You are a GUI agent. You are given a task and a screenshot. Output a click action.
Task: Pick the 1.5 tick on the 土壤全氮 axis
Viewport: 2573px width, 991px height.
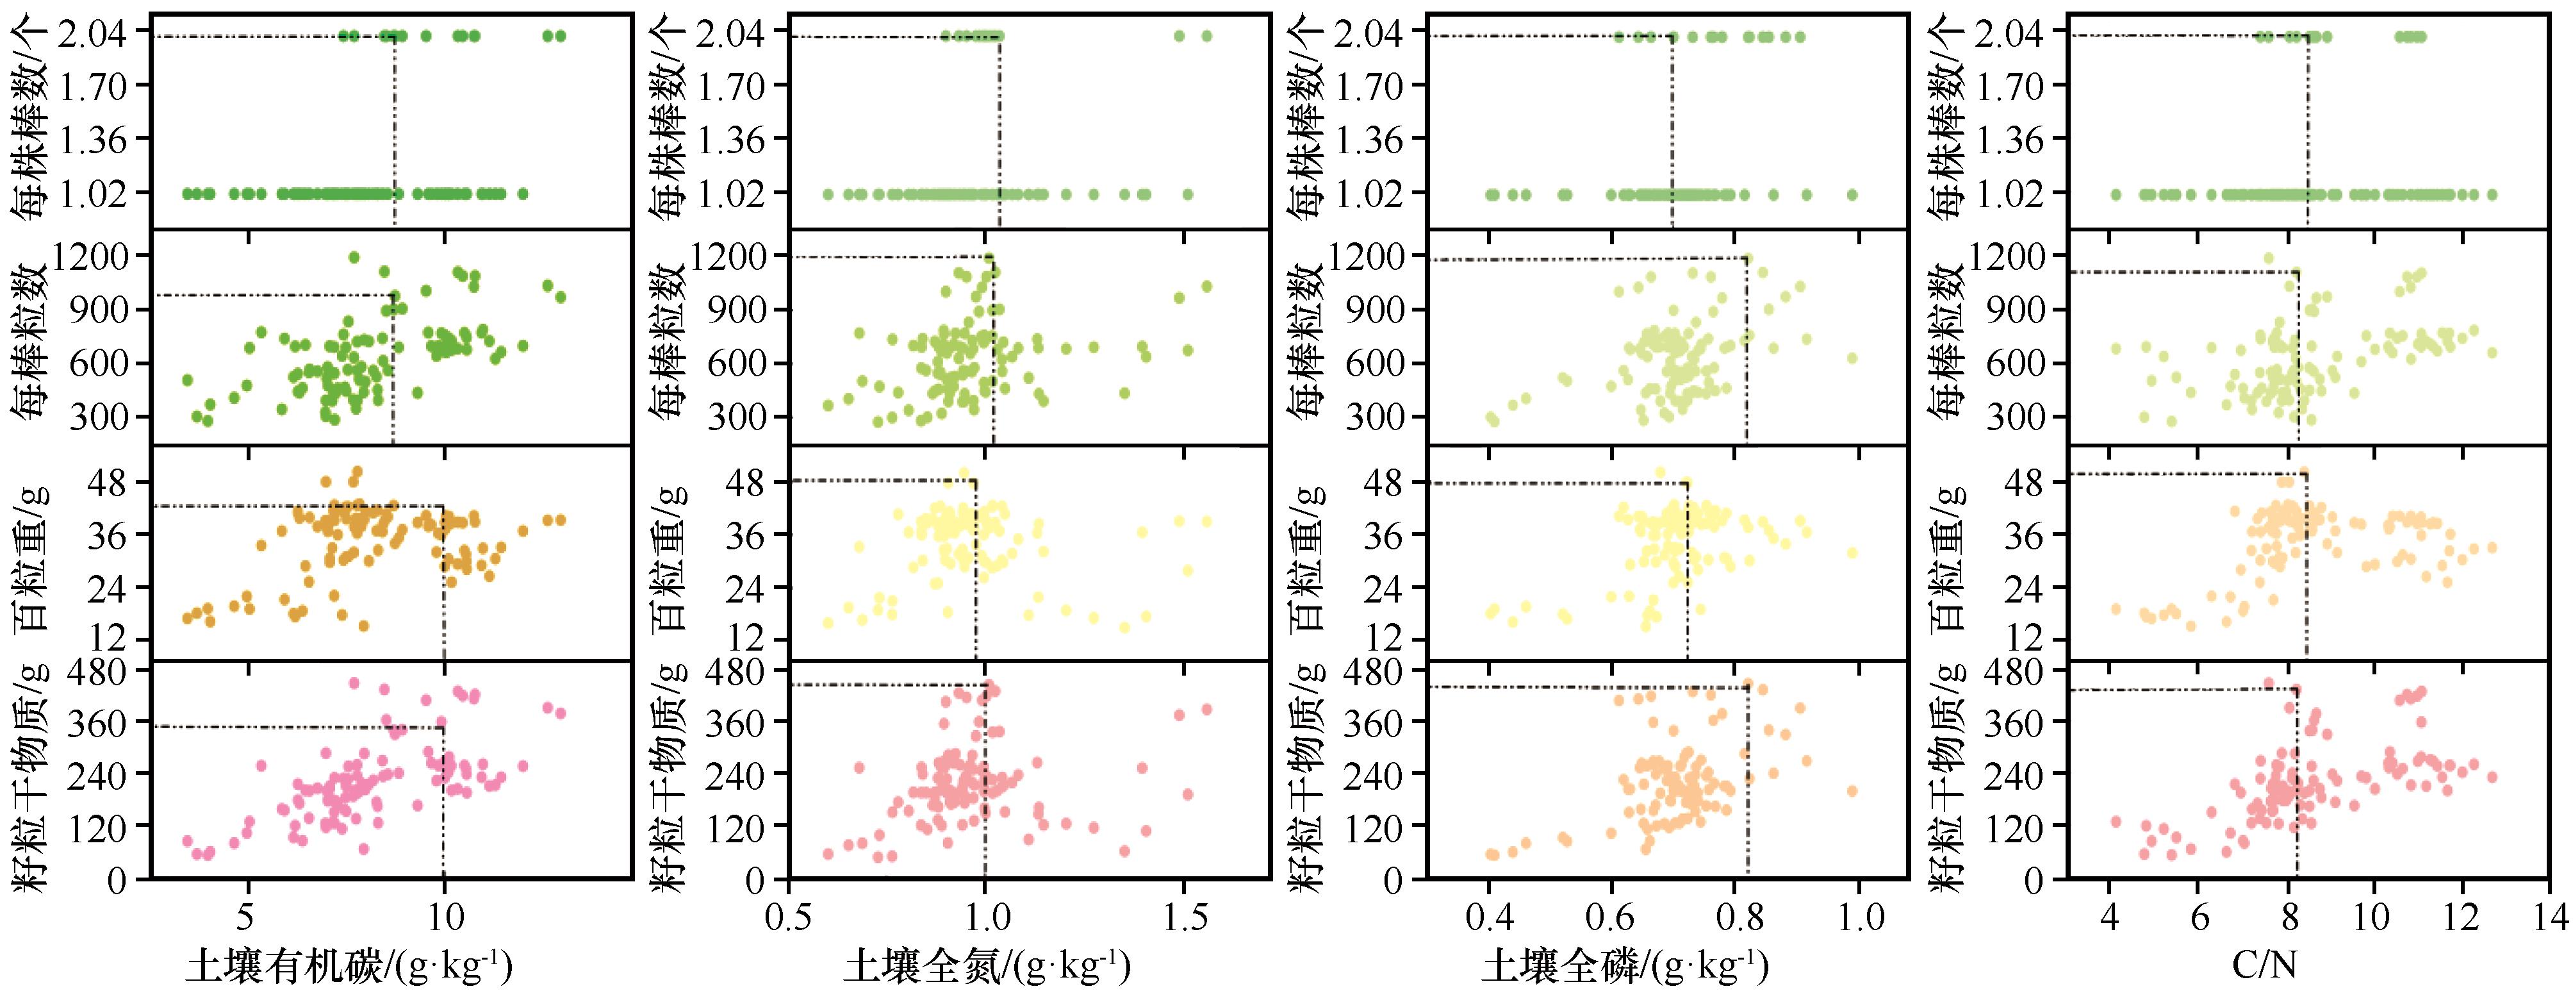(x=1183, y=916)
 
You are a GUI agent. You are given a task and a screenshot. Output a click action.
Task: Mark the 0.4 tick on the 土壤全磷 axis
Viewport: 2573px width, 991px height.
(x=1488, y=916)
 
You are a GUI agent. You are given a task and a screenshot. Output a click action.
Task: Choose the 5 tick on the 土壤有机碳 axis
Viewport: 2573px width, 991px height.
(x=248, y=916)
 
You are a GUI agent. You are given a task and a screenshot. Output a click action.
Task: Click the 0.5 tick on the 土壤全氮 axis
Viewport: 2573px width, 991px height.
(x=789, y=916)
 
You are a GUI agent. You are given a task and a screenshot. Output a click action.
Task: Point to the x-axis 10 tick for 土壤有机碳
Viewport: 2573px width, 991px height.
(x=443, y=916)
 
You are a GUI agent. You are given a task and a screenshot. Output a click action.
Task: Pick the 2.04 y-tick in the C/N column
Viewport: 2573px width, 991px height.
(x=2019, y=33)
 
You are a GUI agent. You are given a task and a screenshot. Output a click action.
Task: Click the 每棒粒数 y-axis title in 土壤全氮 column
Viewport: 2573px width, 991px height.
(x=672, y=340)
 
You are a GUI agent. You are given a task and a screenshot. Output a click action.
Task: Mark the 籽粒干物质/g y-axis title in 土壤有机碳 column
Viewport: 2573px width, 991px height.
(x=33, y=774)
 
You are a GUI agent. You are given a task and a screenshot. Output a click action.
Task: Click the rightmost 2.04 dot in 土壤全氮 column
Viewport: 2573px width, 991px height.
(x=1206, y=36)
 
